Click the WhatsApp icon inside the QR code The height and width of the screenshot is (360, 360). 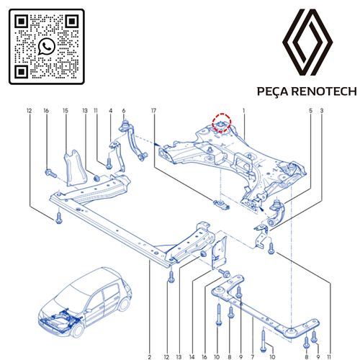tap(48, 46)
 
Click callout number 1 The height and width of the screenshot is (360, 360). tap(245, 111)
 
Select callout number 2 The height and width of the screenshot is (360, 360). tap(150, 356)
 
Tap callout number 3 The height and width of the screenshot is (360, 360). tap(322, 111)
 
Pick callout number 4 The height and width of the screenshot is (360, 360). tap(111, 111)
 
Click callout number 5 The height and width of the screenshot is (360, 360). tap(311, 111)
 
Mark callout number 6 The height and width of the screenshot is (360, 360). tap(124, 111)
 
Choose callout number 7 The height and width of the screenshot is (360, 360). tap(253, 356)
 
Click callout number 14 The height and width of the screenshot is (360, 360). tap(192, 356)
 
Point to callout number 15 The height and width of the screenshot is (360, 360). tap(65, 111)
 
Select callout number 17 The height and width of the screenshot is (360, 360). tap(153, 111)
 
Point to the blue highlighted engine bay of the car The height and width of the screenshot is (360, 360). tap(59, 315)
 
